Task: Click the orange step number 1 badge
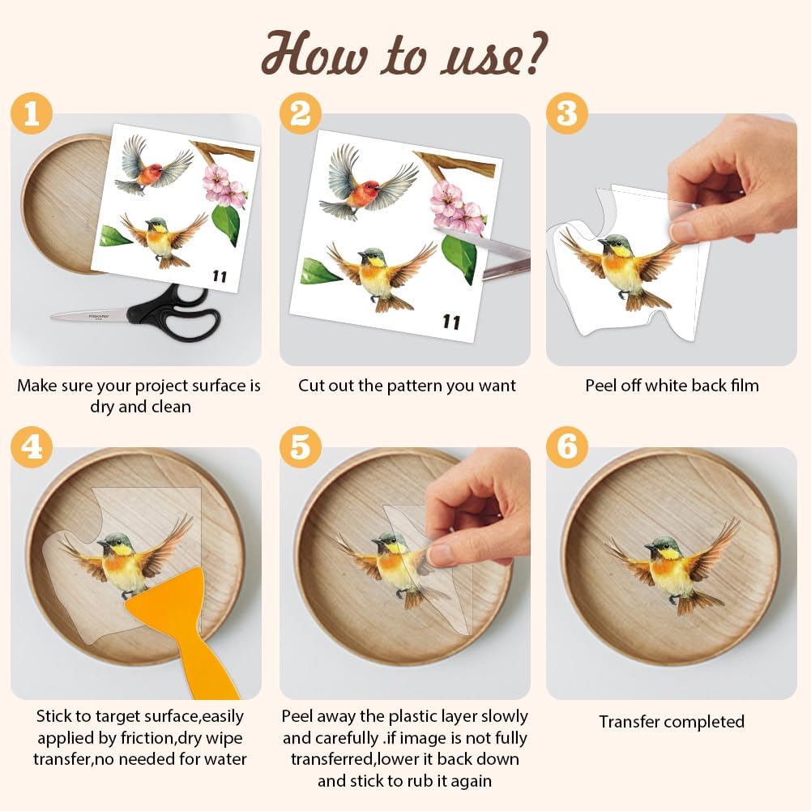click(32, 113)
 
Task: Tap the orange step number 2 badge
click(301, 113)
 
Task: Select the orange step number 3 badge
click(567, 113)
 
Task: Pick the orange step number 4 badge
click(32, 447)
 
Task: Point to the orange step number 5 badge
click(301, 447)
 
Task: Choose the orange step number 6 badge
click(567, 447)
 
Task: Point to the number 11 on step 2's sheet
click(451, 322)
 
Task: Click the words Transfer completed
click(672, 722)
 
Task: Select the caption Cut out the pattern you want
click(407, 386)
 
